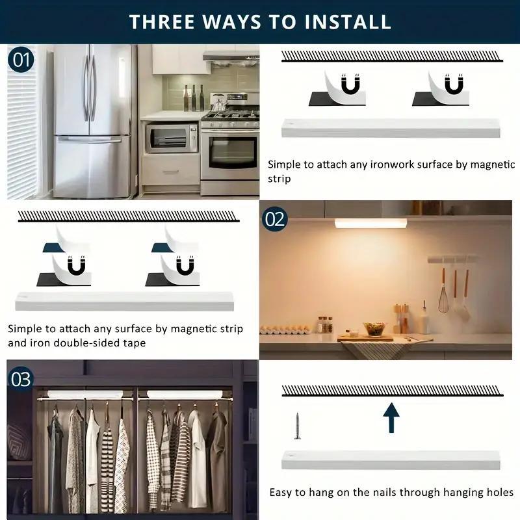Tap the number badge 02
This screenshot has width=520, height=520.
274,219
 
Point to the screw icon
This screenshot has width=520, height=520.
297,425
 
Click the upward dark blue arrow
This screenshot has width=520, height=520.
391,417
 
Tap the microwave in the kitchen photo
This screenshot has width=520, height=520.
171,138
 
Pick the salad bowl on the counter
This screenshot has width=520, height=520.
374,329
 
